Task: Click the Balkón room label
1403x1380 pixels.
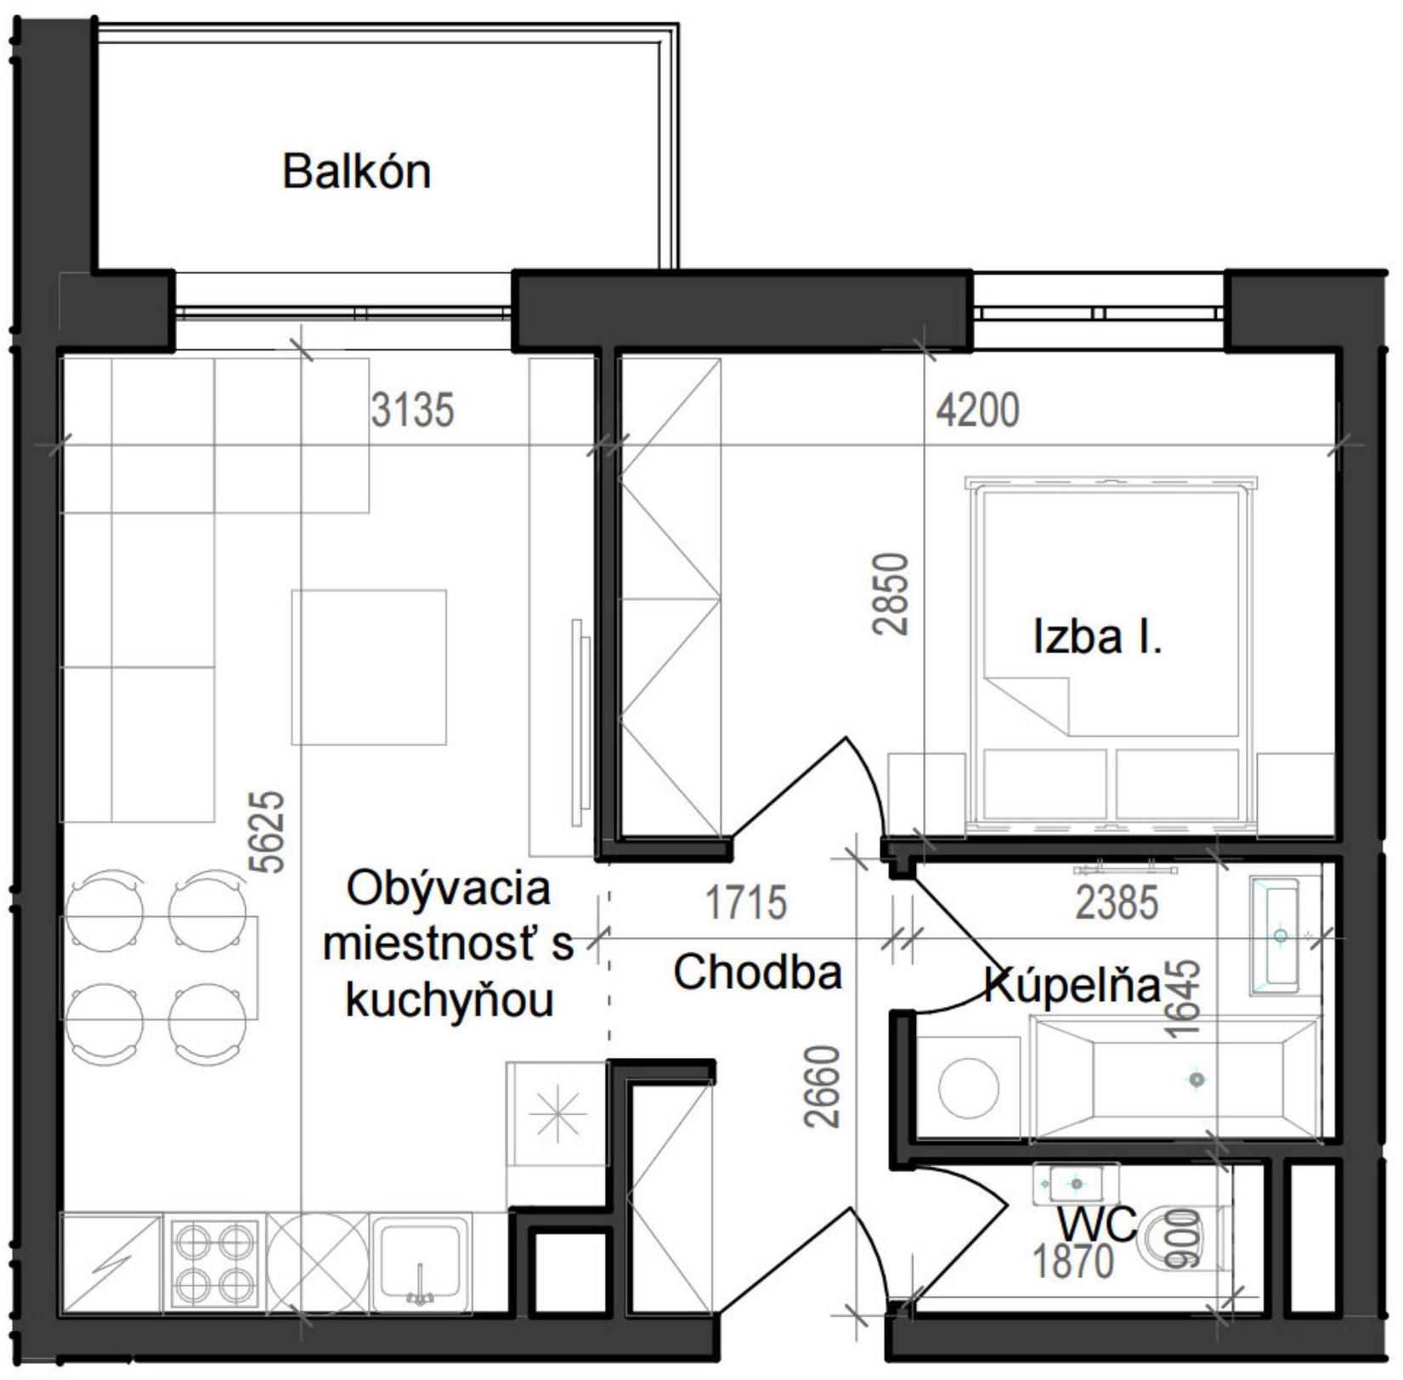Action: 356,172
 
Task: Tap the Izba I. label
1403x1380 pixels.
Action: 1096,636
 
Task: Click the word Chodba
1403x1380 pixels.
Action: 757,972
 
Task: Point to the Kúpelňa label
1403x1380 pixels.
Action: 1072,986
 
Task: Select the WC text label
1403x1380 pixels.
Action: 1096,1224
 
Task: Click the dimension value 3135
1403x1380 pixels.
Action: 412,410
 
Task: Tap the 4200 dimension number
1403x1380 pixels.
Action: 977,410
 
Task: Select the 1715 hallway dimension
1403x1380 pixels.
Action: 746,902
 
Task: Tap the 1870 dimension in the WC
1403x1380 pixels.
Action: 1072,1261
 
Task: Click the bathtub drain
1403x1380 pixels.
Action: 1197,1080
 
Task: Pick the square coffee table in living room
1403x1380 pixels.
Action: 369,667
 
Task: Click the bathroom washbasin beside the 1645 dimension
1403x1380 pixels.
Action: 1276,936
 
